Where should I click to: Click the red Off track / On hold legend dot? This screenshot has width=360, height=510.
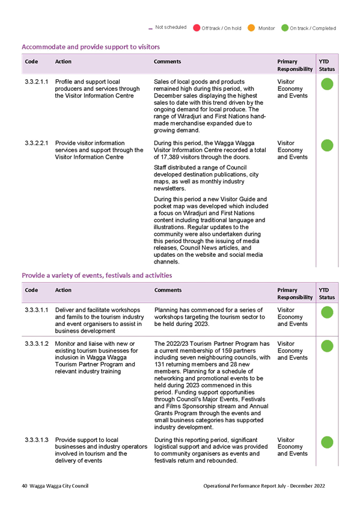[197, 28]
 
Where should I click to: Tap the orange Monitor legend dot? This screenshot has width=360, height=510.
[251, 28]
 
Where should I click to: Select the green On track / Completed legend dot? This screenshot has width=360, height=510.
[285, 28]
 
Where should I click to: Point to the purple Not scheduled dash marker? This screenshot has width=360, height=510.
[150, 29]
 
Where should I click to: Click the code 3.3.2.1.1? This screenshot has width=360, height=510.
[37, 82]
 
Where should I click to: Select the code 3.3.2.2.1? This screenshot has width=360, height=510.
[37, 143]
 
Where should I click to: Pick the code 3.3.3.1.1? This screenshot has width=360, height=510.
[37, 310]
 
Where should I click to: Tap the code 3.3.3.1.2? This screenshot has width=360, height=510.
[37, 344]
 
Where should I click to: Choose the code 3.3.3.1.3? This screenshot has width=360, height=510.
[37, 440]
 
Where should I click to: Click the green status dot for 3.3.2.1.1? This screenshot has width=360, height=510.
[327, 84]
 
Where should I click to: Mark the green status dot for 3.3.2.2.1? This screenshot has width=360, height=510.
[327, 146]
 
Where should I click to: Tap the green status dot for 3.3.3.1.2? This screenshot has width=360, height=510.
[327, 346]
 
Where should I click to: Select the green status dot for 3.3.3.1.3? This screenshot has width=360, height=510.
[327, 443]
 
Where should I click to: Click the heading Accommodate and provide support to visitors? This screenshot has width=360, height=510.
[91, 47]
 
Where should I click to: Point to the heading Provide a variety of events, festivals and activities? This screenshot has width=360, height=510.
[97, 275]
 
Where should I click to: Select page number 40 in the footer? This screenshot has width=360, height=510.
[25, 486]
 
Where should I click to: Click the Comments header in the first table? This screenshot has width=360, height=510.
[167, 61]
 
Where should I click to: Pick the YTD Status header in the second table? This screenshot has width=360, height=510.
[327, 293]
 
